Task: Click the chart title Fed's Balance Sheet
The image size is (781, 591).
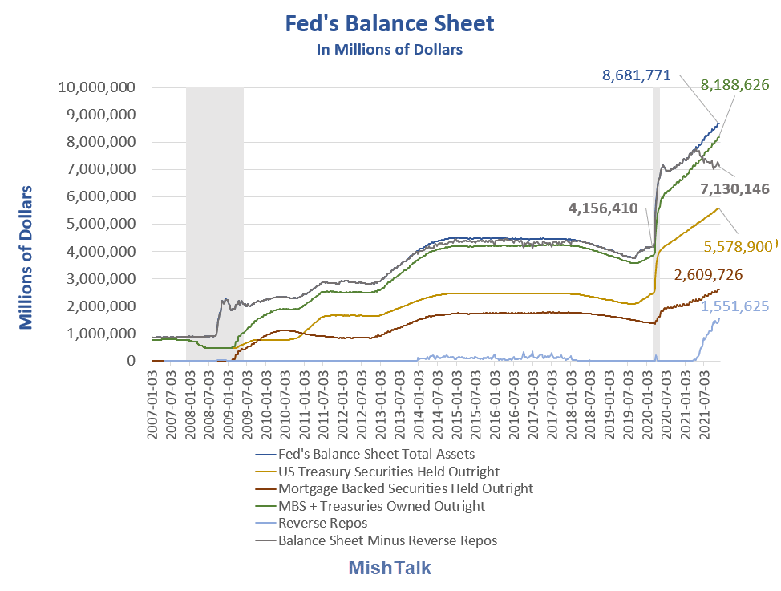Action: (390, 23)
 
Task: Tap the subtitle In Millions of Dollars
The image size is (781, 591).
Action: (390, 50)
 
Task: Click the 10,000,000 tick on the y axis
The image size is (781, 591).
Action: (95, 87)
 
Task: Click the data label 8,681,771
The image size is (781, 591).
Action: (637, 76)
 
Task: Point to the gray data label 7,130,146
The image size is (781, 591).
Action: (734, 189)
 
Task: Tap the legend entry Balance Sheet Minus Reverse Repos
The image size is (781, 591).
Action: (387, 540)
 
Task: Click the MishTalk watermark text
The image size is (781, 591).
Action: (390, 568)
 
